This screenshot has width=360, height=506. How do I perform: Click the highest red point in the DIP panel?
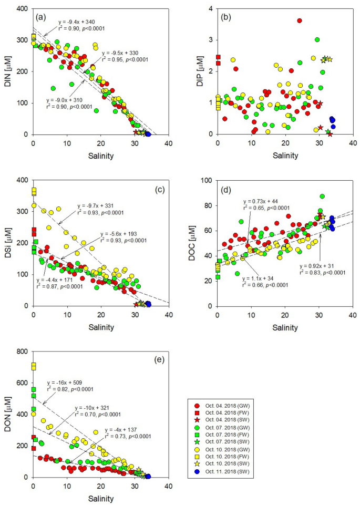(x=300, y=20)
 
